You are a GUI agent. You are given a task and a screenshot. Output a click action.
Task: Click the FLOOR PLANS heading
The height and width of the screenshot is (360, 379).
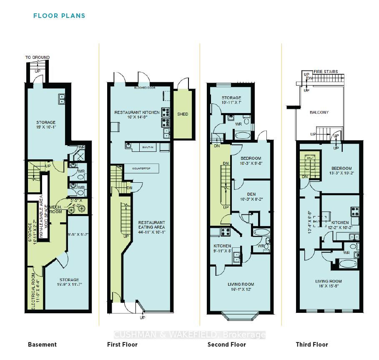click(x=59, y=16)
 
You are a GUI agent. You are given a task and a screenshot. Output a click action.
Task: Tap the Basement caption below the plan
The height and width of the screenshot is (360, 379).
click(x=42, y=345)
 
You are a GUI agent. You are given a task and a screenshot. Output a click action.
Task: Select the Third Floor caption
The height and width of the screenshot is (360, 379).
click(x=312, y=345)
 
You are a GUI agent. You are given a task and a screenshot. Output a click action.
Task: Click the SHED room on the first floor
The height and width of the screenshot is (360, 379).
click(x=183, y=114)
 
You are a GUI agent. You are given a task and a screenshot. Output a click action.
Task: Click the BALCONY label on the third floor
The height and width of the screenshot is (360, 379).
click(x=319, y=112)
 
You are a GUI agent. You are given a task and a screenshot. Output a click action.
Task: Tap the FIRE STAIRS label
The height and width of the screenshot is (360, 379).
click(x=326, y=72)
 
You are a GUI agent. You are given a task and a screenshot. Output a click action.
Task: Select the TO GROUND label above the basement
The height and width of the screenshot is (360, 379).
click(x=37, y=58)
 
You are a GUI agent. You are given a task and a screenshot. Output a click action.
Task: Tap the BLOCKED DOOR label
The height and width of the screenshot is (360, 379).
click(x=145, y=88)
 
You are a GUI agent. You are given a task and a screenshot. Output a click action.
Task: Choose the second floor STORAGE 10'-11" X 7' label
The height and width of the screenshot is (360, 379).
click(x=231, y=100)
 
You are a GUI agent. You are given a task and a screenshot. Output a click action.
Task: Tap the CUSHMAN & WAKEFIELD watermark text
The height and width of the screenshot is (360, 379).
click(x=190, y=335)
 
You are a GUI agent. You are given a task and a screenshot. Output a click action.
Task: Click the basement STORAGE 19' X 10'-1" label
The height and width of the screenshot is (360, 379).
click(x=45, y=126)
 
